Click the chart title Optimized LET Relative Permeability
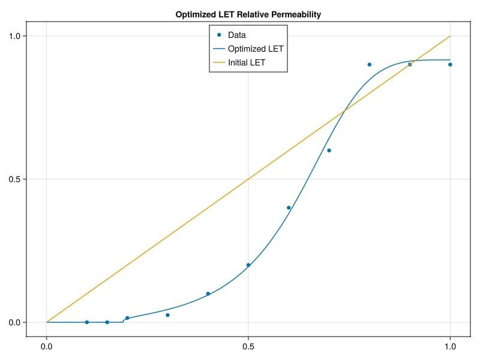248,14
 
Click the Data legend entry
236,35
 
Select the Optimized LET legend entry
256,49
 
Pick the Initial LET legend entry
247,62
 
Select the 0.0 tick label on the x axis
47,346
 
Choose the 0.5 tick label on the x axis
248,346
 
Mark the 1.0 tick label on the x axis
450,346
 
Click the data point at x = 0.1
87,322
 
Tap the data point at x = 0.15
107,322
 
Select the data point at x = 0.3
167,315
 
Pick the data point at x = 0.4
208,293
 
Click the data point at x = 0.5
248,265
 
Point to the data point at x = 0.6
289,208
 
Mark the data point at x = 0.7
329,151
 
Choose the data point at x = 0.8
370,64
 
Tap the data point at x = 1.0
450,64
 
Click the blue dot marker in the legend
219,35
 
